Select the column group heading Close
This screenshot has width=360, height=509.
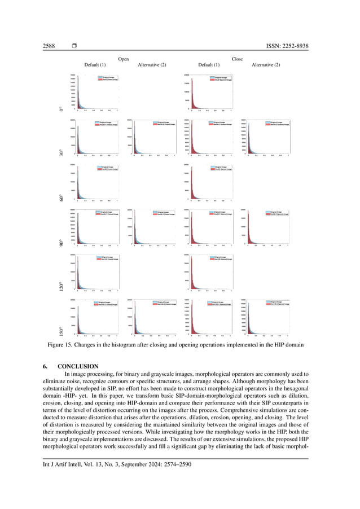237,59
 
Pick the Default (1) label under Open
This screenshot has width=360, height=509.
95,65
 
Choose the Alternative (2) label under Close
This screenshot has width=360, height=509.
265,65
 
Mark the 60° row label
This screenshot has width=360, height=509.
61,197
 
